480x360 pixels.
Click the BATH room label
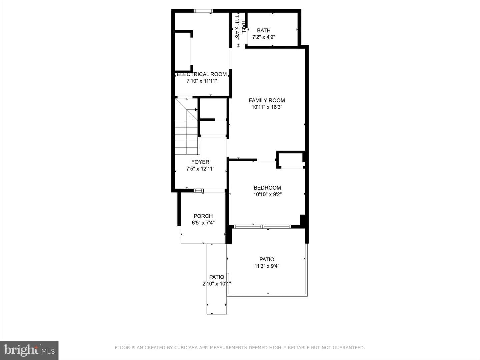pyautogui.click(x=264, y=30)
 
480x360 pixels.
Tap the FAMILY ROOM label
pyautogui.click(x=267, y=100)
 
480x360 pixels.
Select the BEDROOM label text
pyautogui.click(x=267, y=188)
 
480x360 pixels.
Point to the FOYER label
pyautogui.click(x=200, y=162)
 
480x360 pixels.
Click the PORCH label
pyautogui.click(x=203, y=216)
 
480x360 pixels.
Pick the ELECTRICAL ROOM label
pyautogui.click(x=201, y=74)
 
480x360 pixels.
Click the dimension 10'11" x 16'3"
pyautogui.click(x=267, y=107)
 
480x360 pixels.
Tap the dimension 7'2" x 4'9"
pyautogui.click(x=264, y=37)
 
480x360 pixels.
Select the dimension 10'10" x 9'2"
pyautogui.click(x=267, y=194)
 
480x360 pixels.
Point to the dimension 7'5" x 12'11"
pyautogui.click(x=200, y=169)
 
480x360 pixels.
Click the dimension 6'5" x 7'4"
pyautogui.click(x=203, y=223)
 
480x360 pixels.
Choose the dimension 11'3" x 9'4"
pyautogui.click(x=267, y=266)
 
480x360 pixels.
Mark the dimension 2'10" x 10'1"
pyautogui.click(x=216, y=284)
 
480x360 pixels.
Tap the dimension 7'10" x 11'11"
pyautogui.click(x=202, y=81)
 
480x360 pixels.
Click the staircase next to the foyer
pyautogui.click(x=187, y=126)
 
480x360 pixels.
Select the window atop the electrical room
pyautogui.click(x=203, y=11)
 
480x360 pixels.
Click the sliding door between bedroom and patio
pyautogui.click(x=262, y=227)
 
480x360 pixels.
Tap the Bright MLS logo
pyautogui.click(x=29, y=350)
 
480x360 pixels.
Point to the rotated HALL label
pyautogui.click(x=243, y=27)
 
